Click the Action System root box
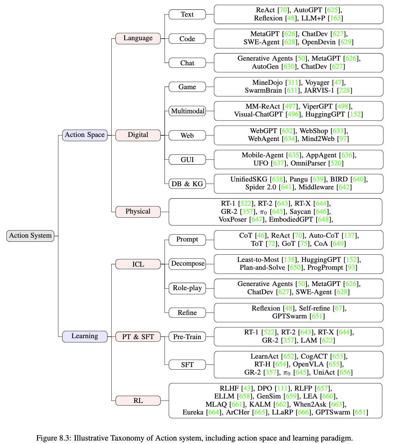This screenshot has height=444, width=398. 30,236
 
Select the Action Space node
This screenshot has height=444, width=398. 85,135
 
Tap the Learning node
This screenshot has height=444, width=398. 85,336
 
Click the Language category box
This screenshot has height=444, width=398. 138,38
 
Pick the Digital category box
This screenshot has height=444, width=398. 138,135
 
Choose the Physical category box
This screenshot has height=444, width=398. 138,212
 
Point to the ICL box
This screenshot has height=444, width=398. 138,264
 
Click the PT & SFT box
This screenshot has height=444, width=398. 138,337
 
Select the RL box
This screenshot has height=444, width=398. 138,401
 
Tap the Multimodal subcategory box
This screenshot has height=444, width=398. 187,111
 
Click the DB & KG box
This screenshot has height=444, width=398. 187,184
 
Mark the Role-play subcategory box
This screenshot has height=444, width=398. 187,288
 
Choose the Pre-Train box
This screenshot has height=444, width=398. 187,337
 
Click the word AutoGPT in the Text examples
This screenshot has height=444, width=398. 307,10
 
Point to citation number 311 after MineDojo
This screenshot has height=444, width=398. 293,83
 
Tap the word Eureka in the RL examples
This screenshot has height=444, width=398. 193,412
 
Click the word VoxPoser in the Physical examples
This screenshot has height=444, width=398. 233,219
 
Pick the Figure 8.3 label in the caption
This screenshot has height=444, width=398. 53,438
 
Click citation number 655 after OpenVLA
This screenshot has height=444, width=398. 334,364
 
